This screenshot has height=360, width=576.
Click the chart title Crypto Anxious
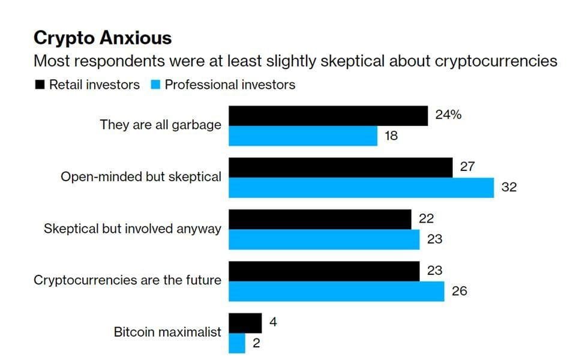[103, 38]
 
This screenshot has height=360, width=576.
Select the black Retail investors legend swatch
[40, 85]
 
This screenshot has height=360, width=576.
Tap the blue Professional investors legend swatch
[155, 85]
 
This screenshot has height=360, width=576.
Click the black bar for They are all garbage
[328, 116]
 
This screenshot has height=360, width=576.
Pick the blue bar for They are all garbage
[303, 136]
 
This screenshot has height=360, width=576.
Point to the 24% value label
[448, 115]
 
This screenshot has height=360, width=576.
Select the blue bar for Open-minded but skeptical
[361, 187]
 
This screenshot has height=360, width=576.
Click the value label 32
[509, 187]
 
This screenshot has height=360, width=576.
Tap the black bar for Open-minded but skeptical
[341, 167]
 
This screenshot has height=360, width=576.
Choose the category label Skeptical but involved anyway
[133, 229]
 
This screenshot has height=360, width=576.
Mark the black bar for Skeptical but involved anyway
[320, 219]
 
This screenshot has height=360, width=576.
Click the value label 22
[426, 219]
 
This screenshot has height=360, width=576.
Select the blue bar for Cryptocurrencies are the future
[337, 291]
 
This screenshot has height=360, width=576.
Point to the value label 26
[459, 292]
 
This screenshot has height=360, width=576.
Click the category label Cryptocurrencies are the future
[127, 280]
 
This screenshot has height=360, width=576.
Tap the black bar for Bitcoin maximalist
[245, 323]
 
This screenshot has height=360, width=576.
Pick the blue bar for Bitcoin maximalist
[238, 343]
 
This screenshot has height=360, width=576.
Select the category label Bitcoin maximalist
[167, 332]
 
